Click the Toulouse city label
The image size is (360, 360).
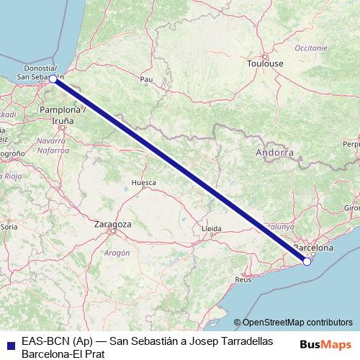coord(266,64)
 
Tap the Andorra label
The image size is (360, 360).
coord(275,153)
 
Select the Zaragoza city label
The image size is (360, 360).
coord(113,225)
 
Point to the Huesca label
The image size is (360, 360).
coord(143,183)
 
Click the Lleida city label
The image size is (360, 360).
coord(212,228)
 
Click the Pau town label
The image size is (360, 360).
coord(147,79)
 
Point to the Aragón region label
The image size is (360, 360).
coord(117,253)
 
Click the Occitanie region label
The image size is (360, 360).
coord(310,47)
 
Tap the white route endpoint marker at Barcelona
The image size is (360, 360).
coord(307,261)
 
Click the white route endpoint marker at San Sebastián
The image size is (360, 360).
coord(53,80)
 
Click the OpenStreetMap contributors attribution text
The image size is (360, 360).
coord(297,323)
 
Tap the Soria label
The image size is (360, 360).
coord(9,226)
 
